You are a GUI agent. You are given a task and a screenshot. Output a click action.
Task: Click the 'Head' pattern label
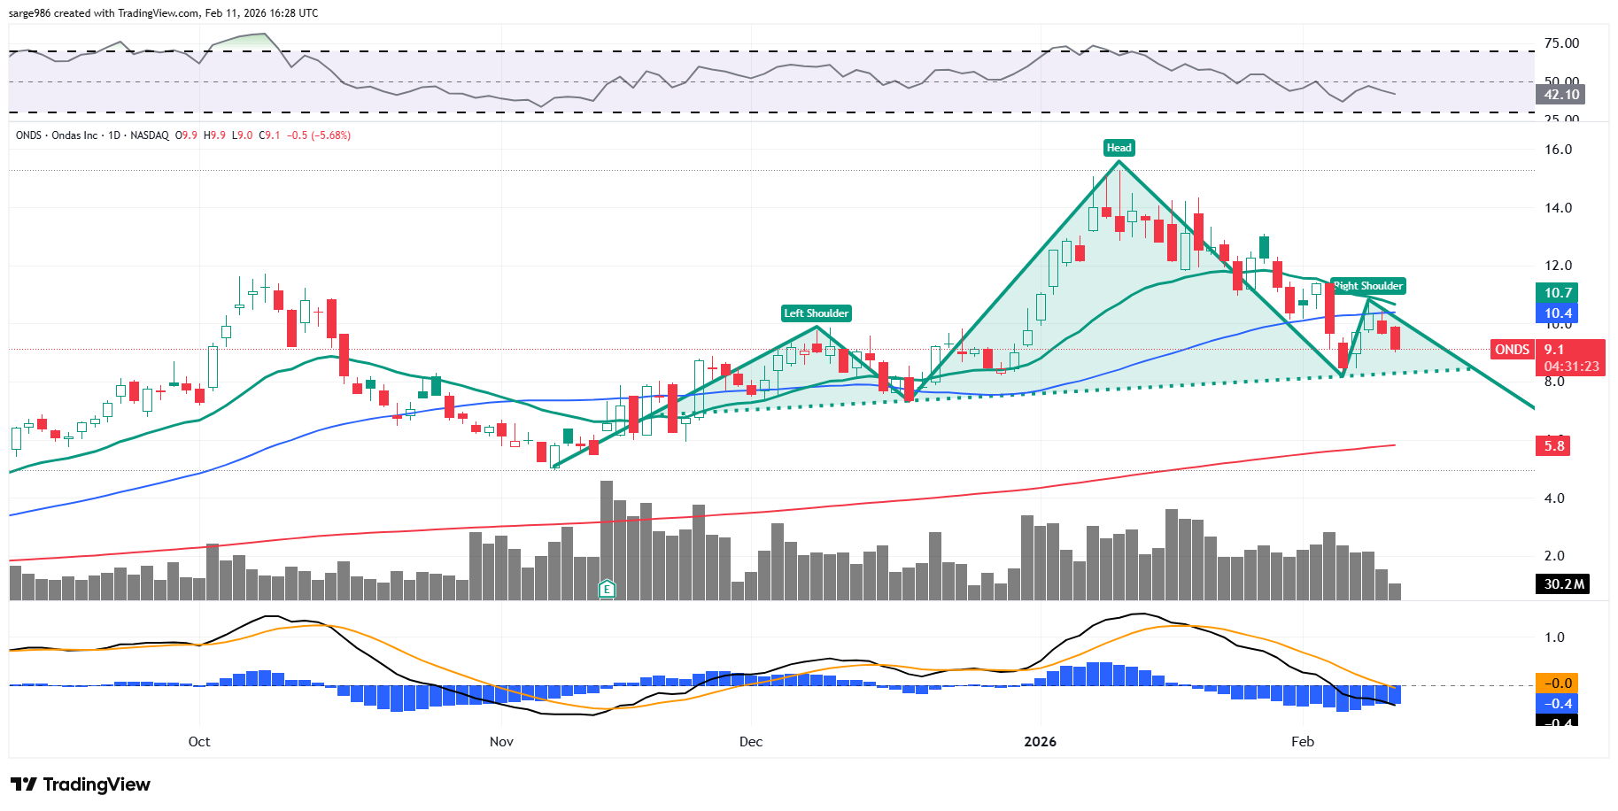coord(1119,148)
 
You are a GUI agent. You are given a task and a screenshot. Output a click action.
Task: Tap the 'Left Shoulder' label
coord(816,313)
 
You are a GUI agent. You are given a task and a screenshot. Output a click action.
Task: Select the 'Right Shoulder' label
coord(1368,286)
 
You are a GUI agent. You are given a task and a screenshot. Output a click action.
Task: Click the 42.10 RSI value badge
coord(1561,95)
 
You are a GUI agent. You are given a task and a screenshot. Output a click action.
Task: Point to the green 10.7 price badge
coord(1558,293)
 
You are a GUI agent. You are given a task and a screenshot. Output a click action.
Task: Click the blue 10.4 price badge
coord(1558,313)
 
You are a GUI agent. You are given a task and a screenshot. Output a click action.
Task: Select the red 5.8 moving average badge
coord(1554,446)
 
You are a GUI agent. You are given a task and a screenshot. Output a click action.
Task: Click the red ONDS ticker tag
coord(1512,350)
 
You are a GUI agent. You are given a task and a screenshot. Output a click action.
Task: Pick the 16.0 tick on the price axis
coord(1558,150)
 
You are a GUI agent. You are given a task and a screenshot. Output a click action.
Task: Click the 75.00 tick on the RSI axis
coord(1561,43)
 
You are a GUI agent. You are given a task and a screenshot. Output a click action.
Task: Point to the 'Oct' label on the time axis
coord(199,742)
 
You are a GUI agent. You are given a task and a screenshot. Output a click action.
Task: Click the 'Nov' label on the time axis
coord(501,742)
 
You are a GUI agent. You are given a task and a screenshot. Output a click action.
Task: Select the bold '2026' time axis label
coord(1040,742)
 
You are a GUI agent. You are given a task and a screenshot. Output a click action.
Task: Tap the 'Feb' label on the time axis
coord(1302,742)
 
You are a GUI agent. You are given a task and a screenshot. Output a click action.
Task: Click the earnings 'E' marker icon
coord(607,589)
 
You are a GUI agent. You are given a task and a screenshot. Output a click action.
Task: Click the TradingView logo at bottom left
coord(81,784)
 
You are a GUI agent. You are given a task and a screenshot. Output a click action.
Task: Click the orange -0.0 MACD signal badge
coord(1558,684)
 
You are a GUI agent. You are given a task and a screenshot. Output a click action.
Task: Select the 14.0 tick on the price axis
coord(1558,208)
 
